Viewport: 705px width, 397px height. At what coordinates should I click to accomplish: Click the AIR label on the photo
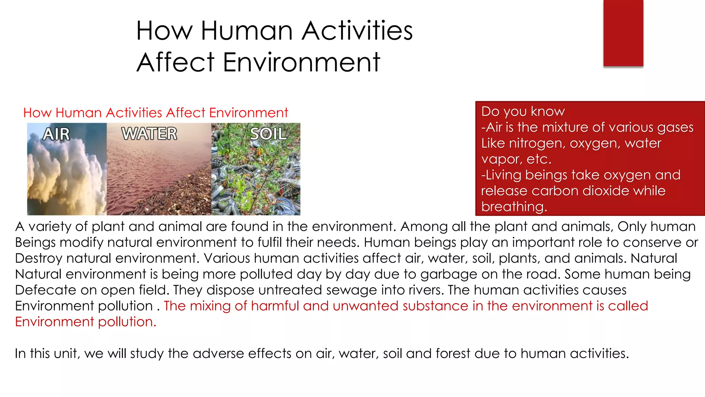click(56, 134)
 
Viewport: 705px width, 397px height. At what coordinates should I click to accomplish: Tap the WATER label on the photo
click(149, 134)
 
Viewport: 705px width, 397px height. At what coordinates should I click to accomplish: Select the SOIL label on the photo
click(268, 134)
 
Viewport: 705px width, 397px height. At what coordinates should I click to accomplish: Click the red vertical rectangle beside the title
click(623, 33)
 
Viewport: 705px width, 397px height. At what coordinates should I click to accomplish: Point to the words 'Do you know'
click(523, 111)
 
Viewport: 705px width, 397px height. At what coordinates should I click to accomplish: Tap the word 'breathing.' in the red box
click(514, 206)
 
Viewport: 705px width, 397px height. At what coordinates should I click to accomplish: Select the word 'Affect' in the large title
click(176, 62)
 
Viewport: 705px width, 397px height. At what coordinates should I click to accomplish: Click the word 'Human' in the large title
click(246, 30)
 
